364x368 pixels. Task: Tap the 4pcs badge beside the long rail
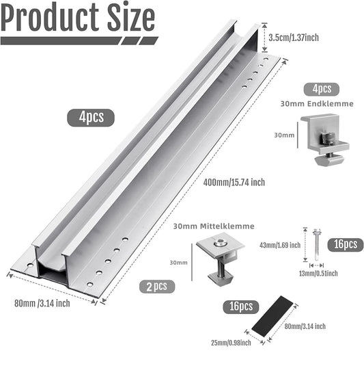[91, 116]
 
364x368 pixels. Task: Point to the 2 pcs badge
[156, 285]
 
